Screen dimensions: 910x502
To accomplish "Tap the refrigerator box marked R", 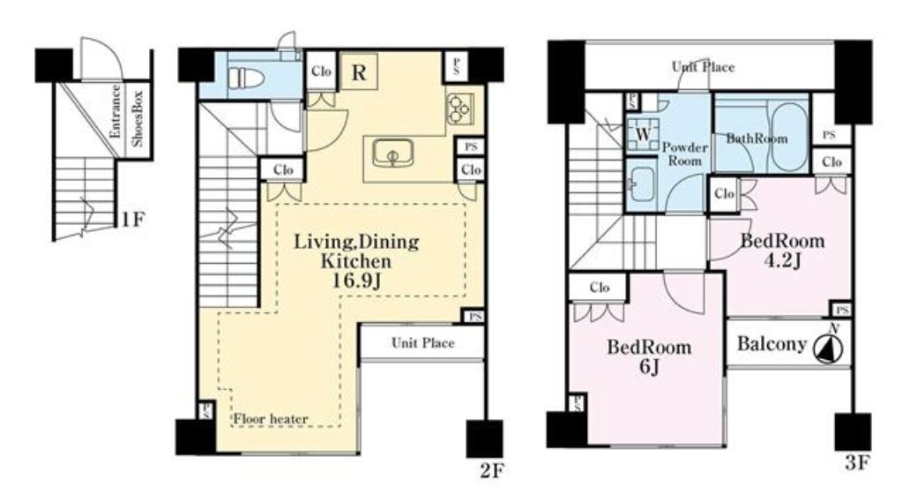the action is (x=359, y=72).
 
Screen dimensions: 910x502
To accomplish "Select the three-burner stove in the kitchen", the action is (x=460, y=109).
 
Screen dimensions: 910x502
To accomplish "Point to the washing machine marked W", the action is (x=643, y=134).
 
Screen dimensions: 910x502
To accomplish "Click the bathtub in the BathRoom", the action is (x=789, y=138).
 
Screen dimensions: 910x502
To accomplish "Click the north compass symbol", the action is (x=830, y=346).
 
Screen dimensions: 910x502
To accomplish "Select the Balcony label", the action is (x=772, y=344).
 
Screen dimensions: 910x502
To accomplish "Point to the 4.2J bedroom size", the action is (x=782, y=260).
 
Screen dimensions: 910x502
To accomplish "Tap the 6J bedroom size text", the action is (x=649, y=367).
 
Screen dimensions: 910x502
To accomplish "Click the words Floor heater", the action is (x=271, y=418).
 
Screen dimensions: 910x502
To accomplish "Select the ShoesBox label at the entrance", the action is (x=138, y=119).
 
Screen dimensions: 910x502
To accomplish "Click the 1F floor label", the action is (x=133, y=220).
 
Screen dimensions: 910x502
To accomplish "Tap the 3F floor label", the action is (x=856, y=463).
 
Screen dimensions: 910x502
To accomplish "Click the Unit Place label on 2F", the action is (x=422, y=343).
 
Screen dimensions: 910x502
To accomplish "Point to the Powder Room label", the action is (x=685, y=154).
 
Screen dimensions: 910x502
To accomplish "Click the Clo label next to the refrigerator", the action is (x=321, y=71).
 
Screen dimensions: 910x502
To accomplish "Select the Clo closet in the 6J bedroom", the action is (x=599, y=288).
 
